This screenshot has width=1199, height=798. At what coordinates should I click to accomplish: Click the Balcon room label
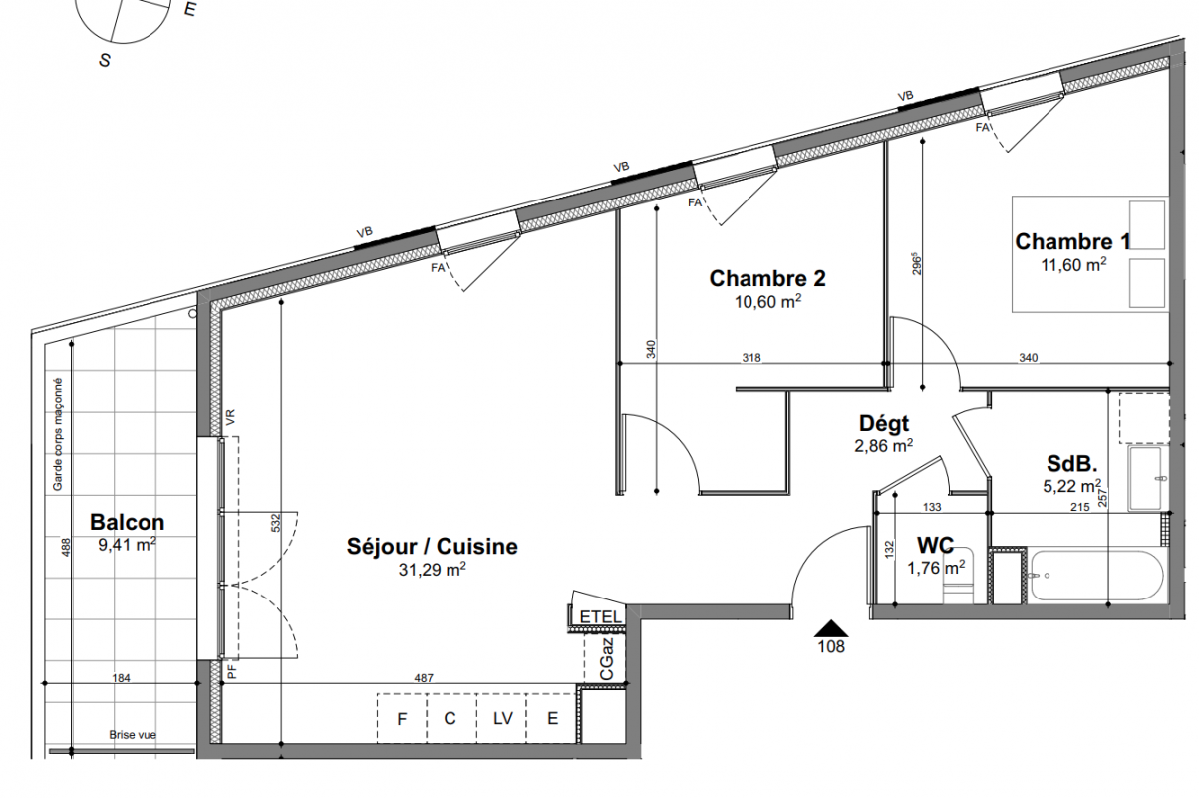(x=127, y=522)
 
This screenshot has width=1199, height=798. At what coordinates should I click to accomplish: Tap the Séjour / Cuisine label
(x=432, y=547)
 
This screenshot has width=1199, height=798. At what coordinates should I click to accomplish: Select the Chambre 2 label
(x=767, y=278)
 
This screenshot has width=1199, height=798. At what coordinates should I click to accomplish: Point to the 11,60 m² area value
(x=1073, y=265)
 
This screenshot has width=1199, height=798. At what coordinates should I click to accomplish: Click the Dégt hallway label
(x=884, y=424)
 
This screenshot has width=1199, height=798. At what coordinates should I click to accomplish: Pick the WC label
(x=935, y=546)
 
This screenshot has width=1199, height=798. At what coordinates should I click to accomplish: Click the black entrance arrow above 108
(x=831, y=628)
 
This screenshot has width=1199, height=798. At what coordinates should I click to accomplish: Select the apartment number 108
(x=831, y=647)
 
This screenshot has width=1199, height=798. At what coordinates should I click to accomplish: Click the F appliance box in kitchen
(x=402, y=719)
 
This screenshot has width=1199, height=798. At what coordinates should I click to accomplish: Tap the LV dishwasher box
(x=502, y=719)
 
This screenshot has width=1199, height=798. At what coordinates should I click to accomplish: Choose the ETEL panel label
(x=601, y=617)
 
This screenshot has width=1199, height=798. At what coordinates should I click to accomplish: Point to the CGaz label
(x=606, y=659)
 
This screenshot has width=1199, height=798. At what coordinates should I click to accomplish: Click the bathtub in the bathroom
(x=1096, y=576)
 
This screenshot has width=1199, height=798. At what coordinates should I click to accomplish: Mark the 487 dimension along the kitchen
(x=424, y=678)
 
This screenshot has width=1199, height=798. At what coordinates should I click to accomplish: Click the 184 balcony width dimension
(x=121, y=678)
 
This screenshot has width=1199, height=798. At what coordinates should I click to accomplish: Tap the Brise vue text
(x=133, y=735)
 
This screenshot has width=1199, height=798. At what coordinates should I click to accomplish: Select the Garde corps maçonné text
(x=57, y=434)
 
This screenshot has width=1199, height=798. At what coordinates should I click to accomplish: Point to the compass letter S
(x=105, y=60)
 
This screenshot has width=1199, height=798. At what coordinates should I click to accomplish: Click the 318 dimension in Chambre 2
(x=751, y=358)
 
